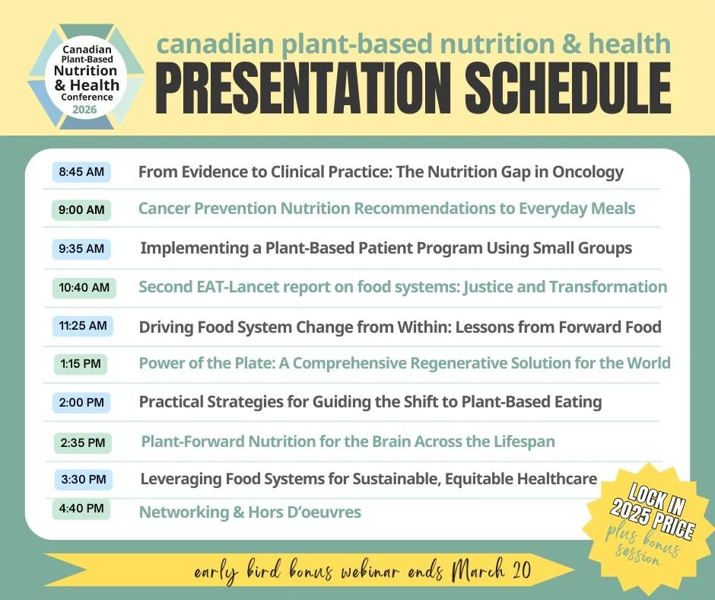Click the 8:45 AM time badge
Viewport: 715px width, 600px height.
point(81,172)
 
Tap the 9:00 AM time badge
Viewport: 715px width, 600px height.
point(81,210)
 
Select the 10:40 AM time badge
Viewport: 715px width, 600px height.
point(84,288)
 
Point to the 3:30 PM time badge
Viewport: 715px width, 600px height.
point(84,480)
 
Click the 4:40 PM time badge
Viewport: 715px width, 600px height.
point(81,508)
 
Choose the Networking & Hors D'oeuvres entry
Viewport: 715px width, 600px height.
point(249,512)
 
